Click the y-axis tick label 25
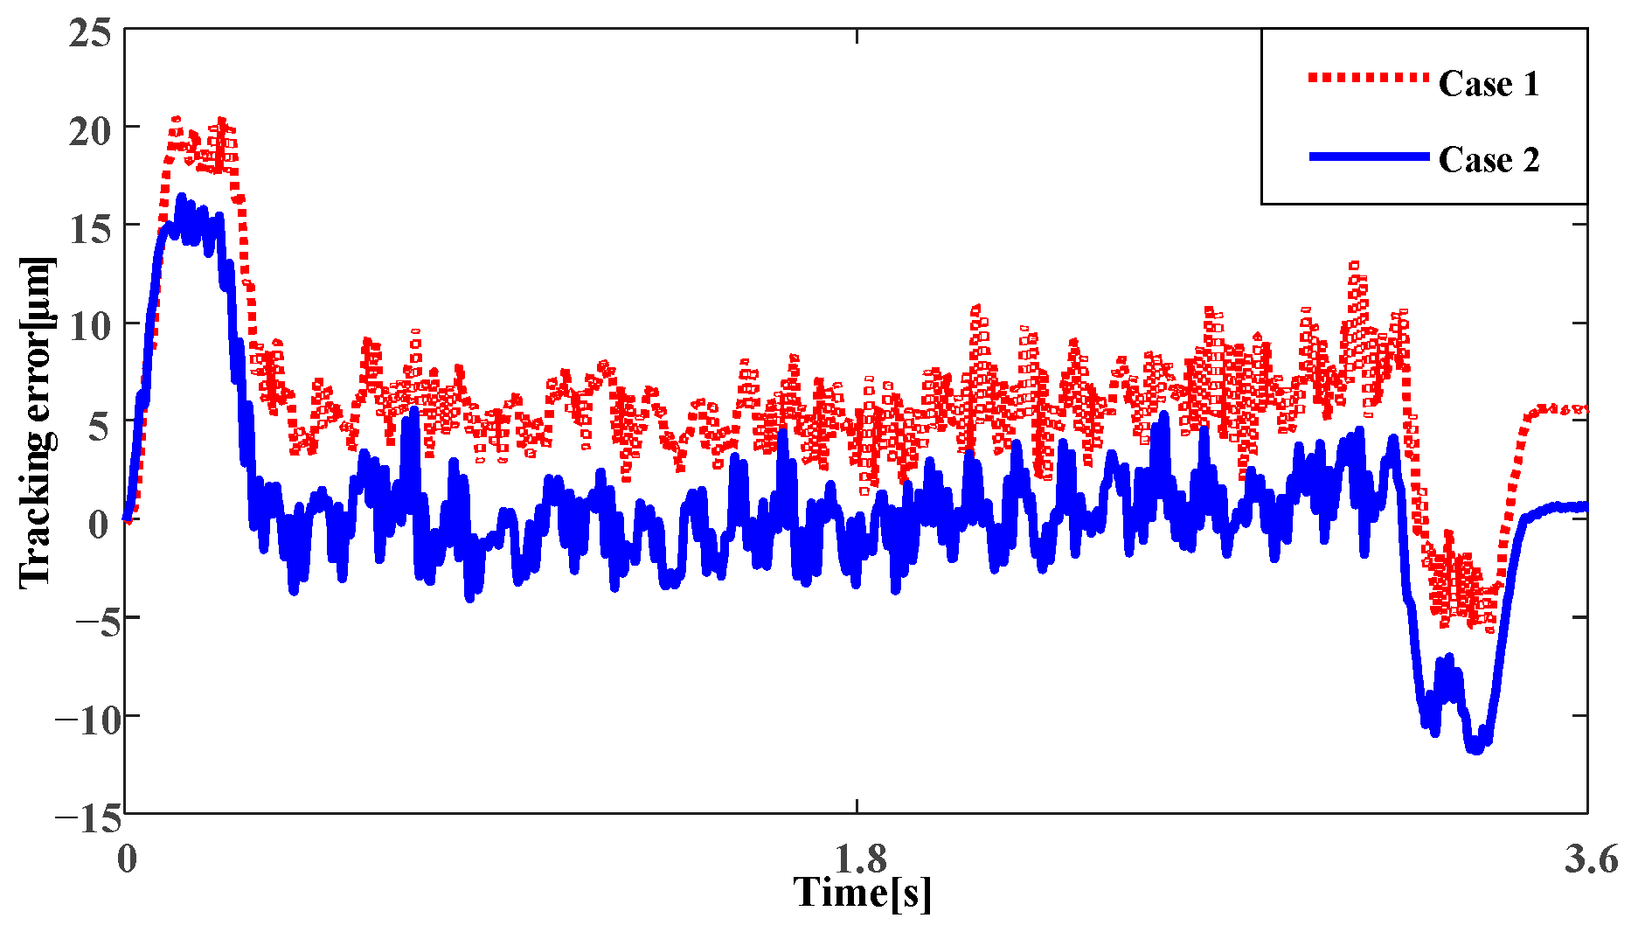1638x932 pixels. (90, 33)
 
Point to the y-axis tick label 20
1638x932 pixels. (90, 131)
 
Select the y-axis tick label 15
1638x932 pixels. (90, 229)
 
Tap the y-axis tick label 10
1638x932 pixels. (90, 327)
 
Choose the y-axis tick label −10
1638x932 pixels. (82, 720)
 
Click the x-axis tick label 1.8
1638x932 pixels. (860, 859)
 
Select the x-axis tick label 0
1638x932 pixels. (127, 859)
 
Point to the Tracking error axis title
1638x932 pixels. (37, 421)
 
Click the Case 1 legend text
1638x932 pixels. (1489, 84)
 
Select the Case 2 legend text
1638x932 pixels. (1489, 160)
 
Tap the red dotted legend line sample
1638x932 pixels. (1368, 78)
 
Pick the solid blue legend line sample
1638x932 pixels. (1368, 156)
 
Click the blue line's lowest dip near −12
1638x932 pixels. (1475, 749)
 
